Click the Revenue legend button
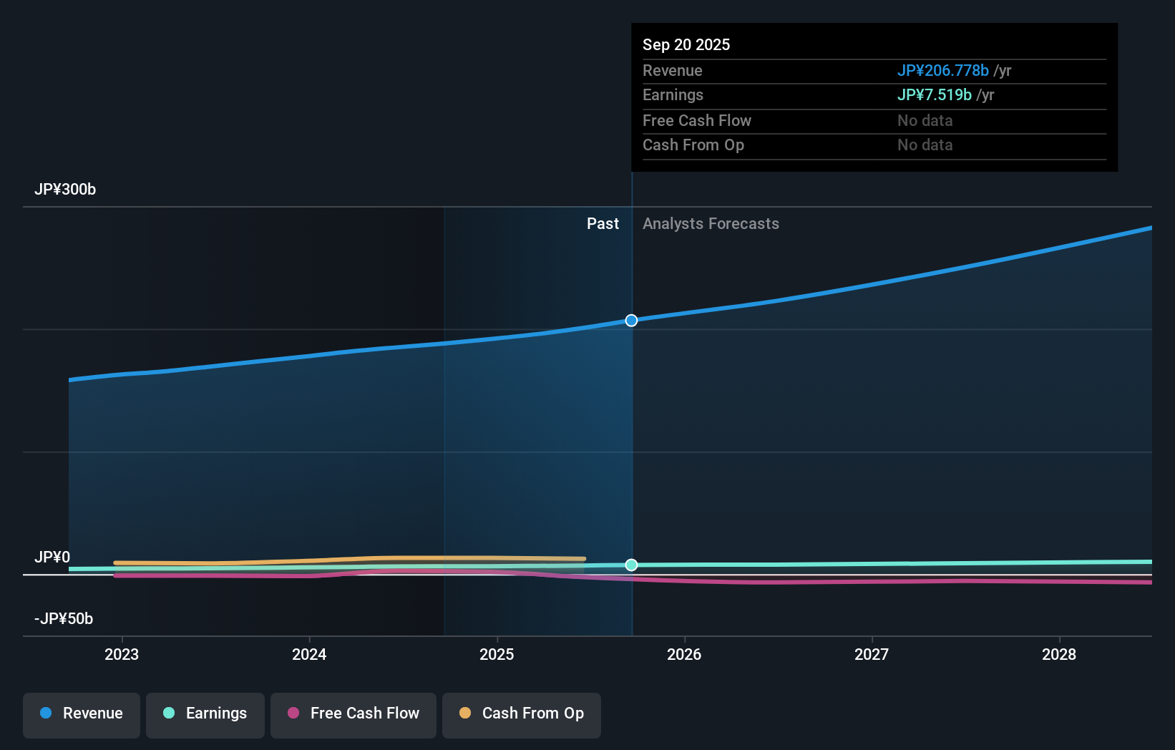pos(82,714)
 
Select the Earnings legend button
pos(205,714)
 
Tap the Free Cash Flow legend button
pos(354,714)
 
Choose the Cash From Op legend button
pos(522,714)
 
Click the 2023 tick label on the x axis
pos(122,655)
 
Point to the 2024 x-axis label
pos(309,655)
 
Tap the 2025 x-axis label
pos(497,655)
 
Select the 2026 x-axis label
pos(684,655)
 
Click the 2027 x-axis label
pos(872,655)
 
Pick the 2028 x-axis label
pos(1059,655)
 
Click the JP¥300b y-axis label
pos(65,190)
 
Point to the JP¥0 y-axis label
pos(52,557)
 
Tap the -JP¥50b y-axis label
pos(64,619)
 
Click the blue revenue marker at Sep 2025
pos(631,321)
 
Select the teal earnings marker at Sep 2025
pos(631,565)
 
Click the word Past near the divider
pos(603,224)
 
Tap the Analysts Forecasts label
pos(711,224)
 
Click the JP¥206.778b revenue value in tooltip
pos(942,71)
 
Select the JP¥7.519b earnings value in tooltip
pos(934,95)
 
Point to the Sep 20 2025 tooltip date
pos(686,45)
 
